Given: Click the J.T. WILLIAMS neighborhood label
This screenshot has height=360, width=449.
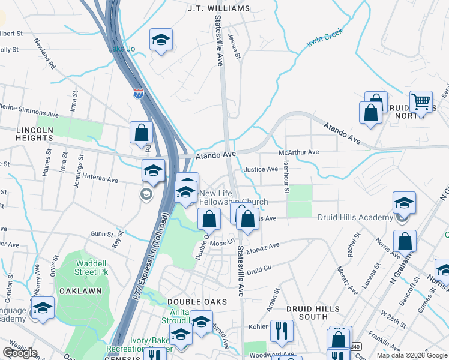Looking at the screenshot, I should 218,8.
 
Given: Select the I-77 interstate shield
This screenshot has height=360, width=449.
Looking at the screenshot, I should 137,94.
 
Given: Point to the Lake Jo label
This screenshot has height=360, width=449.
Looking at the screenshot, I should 119,49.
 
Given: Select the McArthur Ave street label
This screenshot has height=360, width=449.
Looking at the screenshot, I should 299,152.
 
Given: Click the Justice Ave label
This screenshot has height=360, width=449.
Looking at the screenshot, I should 260,169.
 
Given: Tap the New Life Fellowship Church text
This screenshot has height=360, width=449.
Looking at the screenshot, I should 234,197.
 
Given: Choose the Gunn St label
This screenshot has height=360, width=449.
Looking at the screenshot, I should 101,233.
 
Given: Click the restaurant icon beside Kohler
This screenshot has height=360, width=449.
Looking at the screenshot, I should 282,329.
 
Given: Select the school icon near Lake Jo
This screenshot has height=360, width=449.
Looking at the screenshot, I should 161,40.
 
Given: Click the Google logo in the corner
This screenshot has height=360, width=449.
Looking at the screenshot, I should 20,353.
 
